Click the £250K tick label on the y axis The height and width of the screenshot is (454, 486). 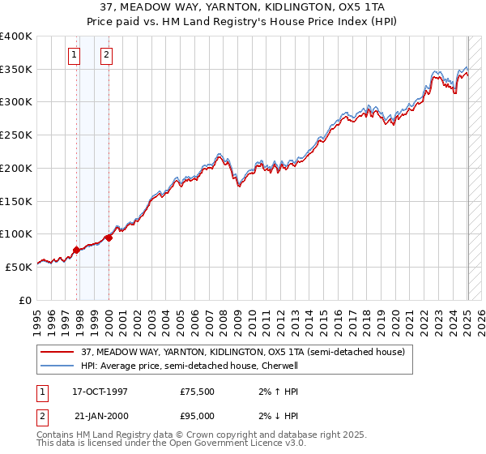pyautogui.click(x=16, y=135)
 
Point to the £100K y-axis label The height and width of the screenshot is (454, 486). pyautogui.click(x=16, y=234)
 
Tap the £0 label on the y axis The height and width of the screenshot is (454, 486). pyautogui.click(x=25, y=300)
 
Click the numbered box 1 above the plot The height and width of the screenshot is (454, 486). pyautogui.click(x=74, y=55)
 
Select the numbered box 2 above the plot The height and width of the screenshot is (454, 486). pyautogui.click(x=106, y=55)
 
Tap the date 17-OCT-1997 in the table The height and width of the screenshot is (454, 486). pyautogui.click(x=100, y=392)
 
